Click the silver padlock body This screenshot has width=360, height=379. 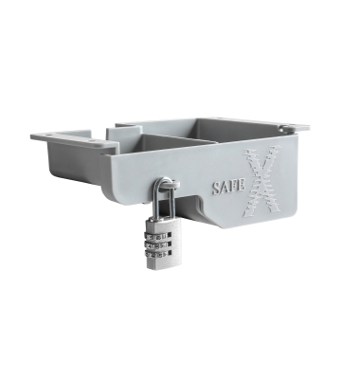(164, 244)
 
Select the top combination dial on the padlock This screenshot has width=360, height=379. (157, 236)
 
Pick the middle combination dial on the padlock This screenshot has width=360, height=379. (157, 244)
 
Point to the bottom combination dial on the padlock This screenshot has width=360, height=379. (157, 253)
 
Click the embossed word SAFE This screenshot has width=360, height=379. (228, 187)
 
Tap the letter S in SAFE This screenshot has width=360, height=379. (216, 188)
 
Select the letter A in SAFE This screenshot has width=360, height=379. (225, 188)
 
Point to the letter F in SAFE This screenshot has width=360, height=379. (234, 187)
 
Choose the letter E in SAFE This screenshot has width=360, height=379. (242, 186)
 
